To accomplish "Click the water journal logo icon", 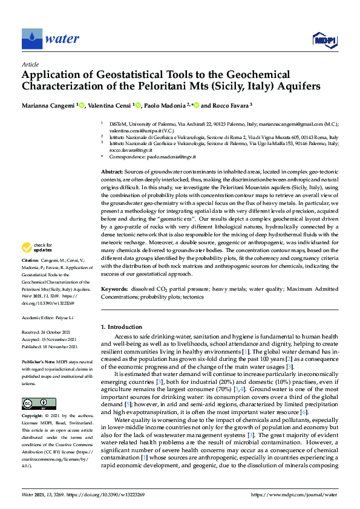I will coord(32,39).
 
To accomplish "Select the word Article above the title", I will coord(30,63).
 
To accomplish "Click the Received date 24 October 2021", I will coord(50,332).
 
